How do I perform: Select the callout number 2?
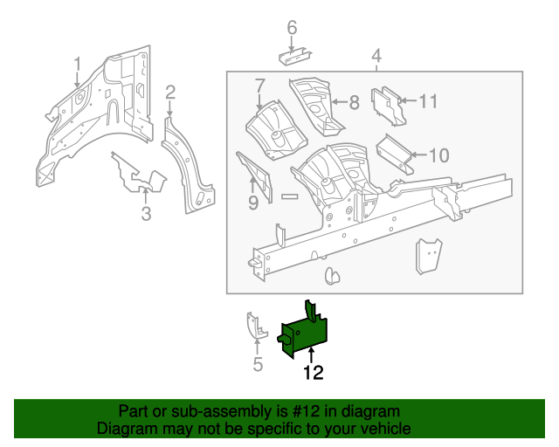click(171, 92)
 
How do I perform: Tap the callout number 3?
click(146, 215)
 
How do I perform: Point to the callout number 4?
click(376, 58)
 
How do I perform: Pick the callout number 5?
click(258, 364)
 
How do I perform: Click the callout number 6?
click(292, 28)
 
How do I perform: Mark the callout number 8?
click(354, 102)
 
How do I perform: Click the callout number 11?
click(427, 101)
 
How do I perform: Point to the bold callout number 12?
click(313, 373)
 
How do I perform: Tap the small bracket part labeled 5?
click(254, 327)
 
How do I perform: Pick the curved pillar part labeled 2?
click(189, 166)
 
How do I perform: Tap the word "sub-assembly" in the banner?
click(193, 411)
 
